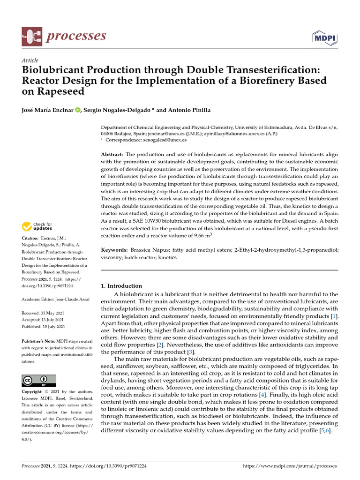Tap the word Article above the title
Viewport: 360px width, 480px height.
[x=30, y=60]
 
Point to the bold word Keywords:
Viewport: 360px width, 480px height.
[x=115, y=250]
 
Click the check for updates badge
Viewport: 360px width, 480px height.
[x=36, y=227]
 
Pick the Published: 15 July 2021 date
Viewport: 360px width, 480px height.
[x=44, y=327]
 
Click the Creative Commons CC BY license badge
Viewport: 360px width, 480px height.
[x=39, y=380]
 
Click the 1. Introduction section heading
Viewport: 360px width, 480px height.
[x=121, y=285]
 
